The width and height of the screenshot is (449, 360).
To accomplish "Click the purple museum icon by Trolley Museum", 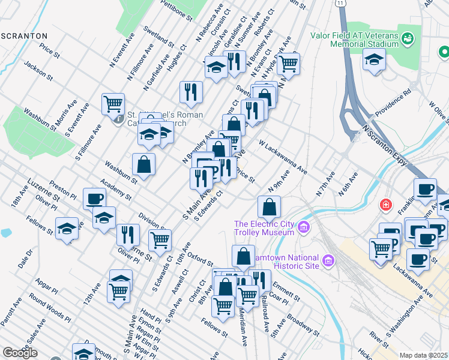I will pyautogui.click(x=304, y=227).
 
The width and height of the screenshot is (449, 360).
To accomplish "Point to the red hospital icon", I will pyautogui.click(x=385, y=205).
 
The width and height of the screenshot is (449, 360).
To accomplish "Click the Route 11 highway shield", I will pyautogui.click(x=341, y=4).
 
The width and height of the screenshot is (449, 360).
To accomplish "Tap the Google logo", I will pyautogui.click(x=20, y=353).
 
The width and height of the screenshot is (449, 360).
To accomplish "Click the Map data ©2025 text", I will pyautogui.click(x=424, y=355).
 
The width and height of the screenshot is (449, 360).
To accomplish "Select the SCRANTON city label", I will pyautogui.click(x=24, y=36).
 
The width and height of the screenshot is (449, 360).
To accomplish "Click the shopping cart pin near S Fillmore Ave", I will pyautogui.click(x=112, y=104).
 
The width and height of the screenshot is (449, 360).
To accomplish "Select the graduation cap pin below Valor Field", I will pyautogui.click(x=374, y=60).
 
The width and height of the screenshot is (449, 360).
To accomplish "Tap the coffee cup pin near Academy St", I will pyautogui.click(x=94, y=199).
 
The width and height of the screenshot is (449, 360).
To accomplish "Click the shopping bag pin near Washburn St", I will pyautogui.click(x=144, y=163).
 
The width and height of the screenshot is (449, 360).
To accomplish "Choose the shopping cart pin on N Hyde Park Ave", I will pyautogui.click(x=289, y=62).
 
